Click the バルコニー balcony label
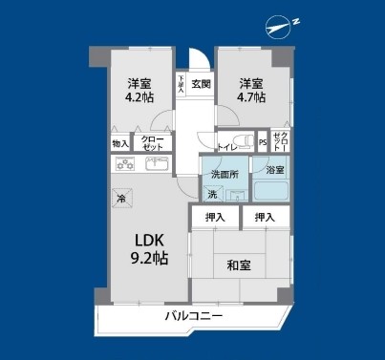click(x=192, y=315)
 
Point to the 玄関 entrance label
click(x=201, y=84)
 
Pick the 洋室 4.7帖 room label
click(x=251, y=89)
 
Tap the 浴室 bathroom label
click(x=274, y=169)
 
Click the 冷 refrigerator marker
click(x=121, y=198)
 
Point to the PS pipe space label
click(x=263, y=143)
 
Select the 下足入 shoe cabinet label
click(x=181, y=84)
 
